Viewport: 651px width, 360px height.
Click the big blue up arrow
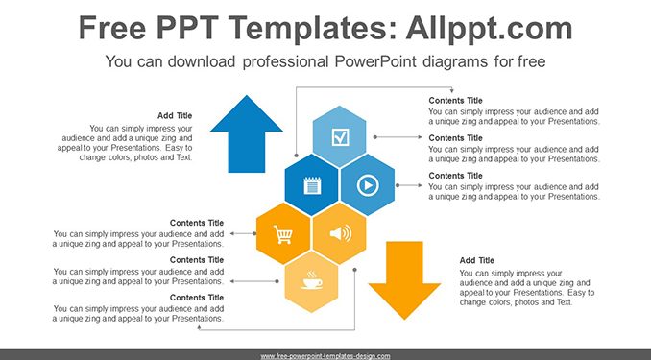pyautogui.click(x=247, y=137)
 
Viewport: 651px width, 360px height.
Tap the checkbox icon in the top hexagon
pyautogui.click(x=340, y=137)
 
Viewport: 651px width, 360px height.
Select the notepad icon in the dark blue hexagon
pyautogui.click(x=312, y=185)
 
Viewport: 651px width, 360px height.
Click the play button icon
pyautogui.click(x=368, y=185)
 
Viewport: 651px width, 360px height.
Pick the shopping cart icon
pyautogui.click(x=283, y=234)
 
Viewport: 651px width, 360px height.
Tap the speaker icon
pyautogui.click(x=341, y=234)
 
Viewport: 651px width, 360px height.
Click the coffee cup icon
pyautogui.click(x=312, y=280)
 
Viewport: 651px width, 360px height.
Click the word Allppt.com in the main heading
pyautogui.click(x=489, y=28)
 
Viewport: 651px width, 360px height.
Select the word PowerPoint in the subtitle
pyautogui.click(x=375, y=61)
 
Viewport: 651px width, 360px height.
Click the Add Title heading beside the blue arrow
pyautogui.click(x=175, y=116)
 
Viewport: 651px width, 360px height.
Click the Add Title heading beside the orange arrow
pyautogui.click(x=476, y=261)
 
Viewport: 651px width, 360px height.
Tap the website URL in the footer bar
pyautogui.click(x=325, y=356)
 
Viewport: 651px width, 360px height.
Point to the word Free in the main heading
pyautogui.click(x=112, y=28)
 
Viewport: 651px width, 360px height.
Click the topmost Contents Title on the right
pyautogui.click(x=455, y=101)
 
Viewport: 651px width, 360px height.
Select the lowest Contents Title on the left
pyautogui.click(x=197, y=298)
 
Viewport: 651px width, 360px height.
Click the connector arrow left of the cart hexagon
pyautogui.click(x=243, y=234)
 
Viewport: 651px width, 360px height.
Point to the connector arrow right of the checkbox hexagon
pyautogui.click(x=398, y=137)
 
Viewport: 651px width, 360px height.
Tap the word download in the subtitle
pyautogui.click(x=202, y=61)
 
